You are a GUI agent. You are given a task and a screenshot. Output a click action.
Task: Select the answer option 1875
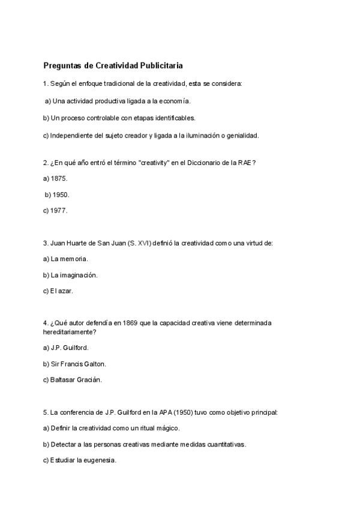pos(59,179)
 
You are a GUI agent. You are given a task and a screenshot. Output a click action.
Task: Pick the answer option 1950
pos(61,194)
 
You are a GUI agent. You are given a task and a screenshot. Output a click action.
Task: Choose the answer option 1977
pos(59,211)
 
